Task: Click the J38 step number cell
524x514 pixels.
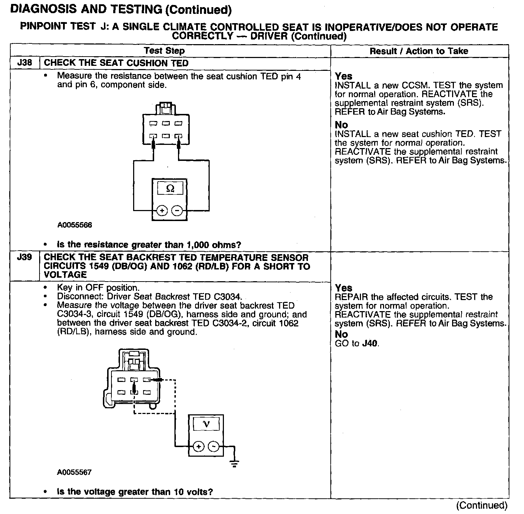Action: click(25, 63)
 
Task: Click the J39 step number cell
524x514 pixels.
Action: click(25, 257)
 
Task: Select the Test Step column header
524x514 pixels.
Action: click(164, 51)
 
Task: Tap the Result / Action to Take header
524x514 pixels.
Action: click(419, 51)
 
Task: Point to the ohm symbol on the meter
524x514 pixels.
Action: click(170, 189)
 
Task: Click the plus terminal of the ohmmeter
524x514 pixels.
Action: click(162, 211)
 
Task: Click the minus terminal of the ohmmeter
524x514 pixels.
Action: click(177, 211)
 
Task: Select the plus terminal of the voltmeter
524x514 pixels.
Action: click(199, 446)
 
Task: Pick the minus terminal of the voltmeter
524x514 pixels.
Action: click(213, 446)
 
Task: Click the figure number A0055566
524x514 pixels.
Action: click(74, 225)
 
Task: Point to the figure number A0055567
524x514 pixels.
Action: click(74, 472)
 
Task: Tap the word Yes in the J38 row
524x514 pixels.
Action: click(344, 76)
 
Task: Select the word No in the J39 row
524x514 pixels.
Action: click(341, 334)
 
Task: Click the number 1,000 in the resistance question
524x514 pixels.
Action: click(198, 245)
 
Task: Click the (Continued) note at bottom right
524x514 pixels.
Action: click(482, 505)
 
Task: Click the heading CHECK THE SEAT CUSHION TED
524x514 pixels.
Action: click(116, 63)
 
